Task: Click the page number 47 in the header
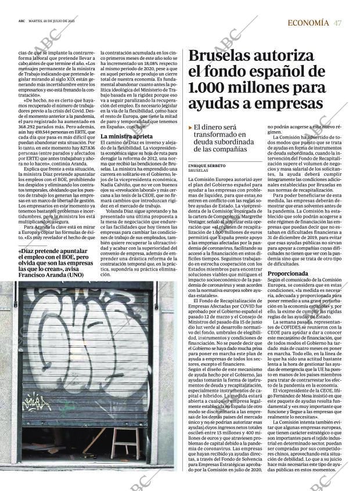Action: (337, 23)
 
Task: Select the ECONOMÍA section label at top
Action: (308, 23)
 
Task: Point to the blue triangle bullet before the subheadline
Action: (190, 127)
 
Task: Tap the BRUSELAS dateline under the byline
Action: (198, 171)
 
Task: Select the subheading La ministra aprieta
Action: (127, 136)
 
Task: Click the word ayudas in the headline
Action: (215, 104)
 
